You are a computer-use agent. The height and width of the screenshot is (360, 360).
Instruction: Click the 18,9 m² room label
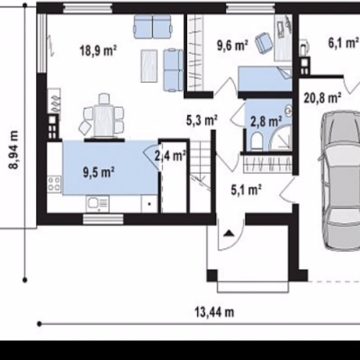click(x=98, y=50)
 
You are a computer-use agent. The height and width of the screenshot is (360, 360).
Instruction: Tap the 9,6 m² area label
click(x=232, y=46)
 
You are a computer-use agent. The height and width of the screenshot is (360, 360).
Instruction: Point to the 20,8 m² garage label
click(x=322, y=98)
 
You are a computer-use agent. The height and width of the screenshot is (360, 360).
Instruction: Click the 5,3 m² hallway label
click(x=202, y=121)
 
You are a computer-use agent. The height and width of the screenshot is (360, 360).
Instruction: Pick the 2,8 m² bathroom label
click(x=266, y=121)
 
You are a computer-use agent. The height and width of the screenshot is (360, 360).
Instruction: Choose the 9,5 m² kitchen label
click(x=99, y=173)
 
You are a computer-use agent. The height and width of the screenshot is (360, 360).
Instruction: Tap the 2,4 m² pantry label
click(x=170, y=156)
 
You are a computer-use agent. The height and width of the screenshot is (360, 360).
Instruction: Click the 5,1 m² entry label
click(x=247, y=190)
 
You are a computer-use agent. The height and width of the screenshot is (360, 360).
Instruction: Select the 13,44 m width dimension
click(x=214, y=312)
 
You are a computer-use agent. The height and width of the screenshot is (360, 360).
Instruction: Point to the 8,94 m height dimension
click(x=14, y=150)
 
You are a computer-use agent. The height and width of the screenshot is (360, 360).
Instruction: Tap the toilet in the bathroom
click(x=256, y=141)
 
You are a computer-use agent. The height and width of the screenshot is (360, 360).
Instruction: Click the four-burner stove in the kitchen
click(x=55, y=184)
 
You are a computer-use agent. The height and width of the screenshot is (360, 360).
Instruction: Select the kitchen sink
click(x=98, y=203)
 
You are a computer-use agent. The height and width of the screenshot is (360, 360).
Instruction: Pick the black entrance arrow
click(x=229, y=233)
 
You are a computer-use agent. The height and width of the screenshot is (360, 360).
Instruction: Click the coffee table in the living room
click(x=149, y=67)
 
